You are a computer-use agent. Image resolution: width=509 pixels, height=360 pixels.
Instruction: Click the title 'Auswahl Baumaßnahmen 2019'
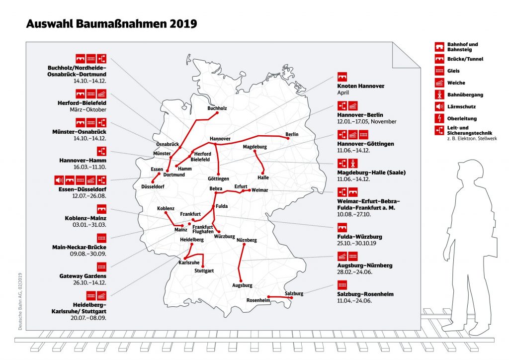pyautogui.click(x=111, y=24)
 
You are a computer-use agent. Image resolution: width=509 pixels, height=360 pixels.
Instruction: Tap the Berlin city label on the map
pyautogui.click(x=292, y=135)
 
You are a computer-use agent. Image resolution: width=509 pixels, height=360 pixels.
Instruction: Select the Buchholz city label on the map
pyautogui.click(x=217, y=107)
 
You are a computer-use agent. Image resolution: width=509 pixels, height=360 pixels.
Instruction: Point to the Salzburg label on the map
pyautogui.click(x=294, y=294)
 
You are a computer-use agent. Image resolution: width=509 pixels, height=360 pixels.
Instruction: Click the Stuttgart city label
pyautogui.click(x=204, y=271)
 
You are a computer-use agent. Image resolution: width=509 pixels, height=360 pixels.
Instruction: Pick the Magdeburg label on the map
pyautogui.click(x=255, y=147)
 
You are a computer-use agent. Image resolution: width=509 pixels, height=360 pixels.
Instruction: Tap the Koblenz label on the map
pyautogui.click(x=166, y=208)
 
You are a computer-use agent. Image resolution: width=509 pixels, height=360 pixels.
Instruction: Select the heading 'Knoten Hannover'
pyautogui.click(x=361, y=86)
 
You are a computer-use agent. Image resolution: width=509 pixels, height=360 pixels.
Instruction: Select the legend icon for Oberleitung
pyautogui.click(x=439, y=119)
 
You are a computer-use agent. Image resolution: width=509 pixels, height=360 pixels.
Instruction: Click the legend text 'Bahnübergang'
pyautogui.click(x=465, y=94)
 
